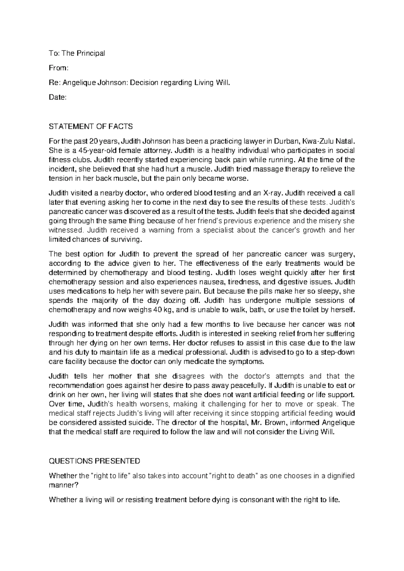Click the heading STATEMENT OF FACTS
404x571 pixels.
tap(91, 127)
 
